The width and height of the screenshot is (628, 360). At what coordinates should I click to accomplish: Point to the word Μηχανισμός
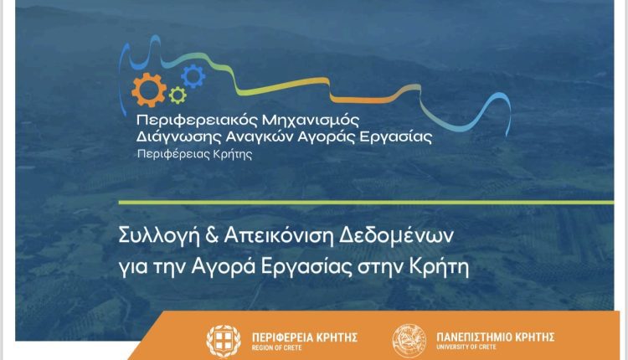311,120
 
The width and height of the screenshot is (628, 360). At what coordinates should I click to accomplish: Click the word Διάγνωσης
178,137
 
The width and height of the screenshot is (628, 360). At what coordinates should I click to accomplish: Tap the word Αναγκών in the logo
260,136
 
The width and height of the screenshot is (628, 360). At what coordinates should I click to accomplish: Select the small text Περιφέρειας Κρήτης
194,154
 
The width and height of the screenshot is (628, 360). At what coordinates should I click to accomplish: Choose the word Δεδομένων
396,236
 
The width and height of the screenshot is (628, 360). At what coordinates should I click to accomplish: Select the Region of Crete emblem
224,342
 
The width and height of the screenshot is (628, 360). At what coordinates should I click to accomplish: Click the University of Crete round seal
409,341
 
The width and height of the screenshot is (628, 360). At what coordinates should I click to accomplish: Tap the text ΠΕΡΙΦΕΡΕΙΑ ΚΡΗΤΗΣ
305,337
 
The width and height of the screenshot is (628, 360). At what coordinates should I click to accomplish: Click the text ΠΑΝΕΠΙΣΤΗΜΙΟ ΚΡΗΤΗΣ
496,337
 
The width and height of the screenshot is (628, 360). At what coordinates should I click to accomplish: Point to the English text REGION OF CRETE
277,348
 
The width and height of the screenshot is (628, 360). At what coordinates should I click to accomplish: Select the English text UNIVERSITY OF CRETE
466,347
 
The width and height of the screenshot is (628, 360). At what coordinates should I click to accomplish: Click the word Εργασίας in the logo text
396,137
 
